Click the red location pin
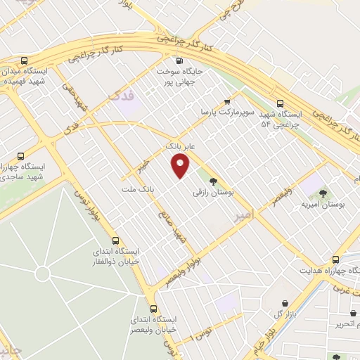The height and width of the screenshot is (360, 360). click(181, 167)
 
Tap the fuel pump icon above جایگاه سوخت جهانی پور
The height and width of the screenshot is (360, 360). click(180, 60)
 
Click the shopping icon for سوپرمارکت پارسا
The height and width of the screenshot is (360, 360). click(226, 102)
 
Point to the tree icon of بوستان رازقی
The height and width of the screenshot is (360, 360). click(213, 181)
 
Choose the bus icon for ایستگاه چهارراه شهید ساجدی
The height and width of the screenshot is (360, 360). click(20, 156)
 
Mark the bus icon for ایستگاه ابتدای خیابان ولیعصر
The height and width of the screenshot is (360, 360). click(154, 309)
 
